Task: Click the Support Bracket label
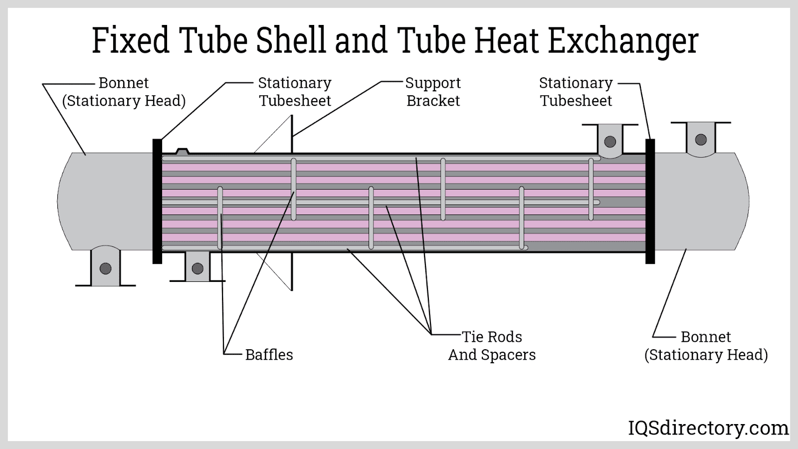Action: pyautogui.click(x=433, y=92)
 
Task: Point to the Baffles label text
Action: pyautogui.click(x=269, y=355)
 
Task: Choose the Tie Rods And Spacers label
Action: pyautogui.click(x=492, y=346)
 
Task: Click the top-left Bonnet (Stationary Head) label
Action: pyautogui.click(x=124, y=92)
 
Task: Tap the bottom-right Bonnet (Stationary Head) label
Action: pyautogui.click(x=706, y=346)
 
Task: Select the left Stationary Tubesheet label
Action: pyautogui.click(x=295, y=92)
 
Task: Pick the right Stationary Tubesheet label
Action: pyautogui.click(x=576, y=92)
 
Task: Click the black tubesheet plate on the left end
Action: pyautogui.click(x=157, y=201)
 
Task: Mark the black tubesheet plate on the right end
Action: pyautogui.click(x=650, y=201)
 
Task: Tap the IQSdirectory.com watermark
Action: pyautogui.click(x=707, y=428)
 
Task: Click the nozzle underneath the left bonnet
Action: pyautogui.click(x=105, y=267)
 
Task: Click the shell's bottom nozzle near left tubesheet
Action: pyautogui.click(x=198, y=267)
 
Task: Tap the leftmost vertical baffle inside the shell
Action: pyautogui.click(x=220, y=218)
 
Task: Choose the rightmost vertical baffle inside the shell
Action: pyautogui.click(x=592, y=189)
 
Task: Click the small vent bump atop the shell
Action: pyautogui.click(x=183, y=150)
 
